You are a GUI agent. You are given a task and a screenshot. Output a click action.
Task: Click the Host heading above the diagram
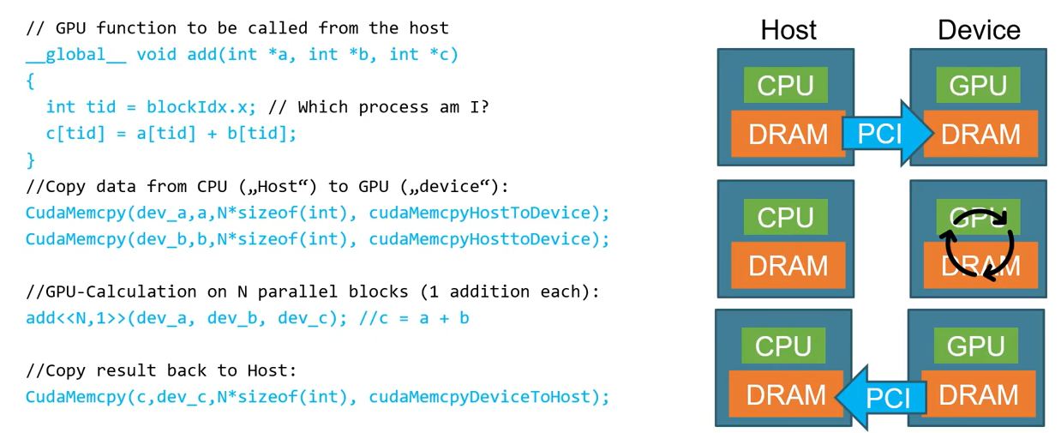(x=788, y=30)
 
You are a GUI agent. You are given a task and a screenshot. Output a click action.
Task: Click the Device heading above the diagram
(x=979, y=30)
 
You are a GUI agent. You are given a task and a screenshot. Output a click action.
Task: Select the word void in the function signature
(x=156, y=55)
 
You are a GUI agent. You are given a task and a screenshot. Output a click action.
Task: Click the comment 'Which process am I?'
(x=378, y=107)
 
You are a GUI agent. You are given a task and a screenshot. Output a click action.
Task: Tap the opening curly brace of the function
(x=30, y=81)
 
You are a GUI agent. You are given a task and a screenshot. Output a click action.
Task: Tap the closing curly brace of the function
(x=30, y=159)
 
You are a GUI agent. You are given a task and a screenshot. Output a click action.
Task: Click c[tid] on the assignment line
(x=72, y=134)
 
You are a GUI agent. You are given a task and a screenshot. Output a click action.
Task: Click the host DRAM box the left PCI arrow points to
(x=785, y=395)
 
